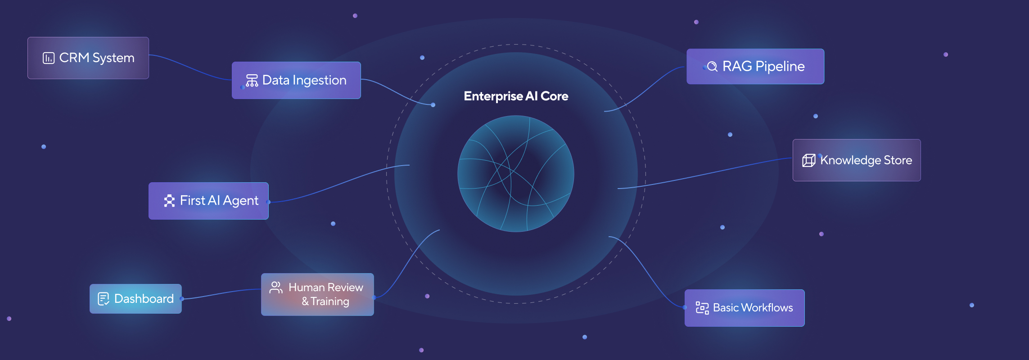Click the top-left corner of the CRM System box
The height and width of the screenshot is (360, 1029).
[28, 37]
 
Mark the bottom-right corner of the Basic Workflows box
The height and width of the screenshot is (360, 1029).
[804, 326]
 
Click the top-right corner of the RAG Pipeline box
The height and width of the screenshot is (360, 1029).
[824, 49]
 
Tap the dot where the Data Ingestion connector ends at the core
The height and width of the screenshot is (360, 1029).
[433, 105]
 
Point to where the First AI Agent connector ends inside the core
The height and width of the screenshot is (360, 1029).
[409, 165]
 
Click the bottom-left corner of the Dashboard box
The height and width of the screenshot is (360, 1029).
[90, 313]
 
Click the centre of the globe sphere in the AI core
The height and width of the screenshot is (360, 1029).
[516, 174]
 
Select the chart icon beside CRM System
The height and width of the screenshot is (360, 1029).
[49, 58]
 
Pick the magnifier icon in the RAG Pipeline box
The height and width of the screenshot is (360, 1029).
[712, 67]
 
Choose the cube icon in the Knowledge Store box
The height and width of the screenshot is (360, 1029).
[809, 161]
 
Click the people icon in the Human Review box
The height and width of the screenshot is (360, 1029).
[276, 288]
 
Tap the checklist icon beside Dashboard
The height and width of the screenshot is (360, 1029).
[104, 299]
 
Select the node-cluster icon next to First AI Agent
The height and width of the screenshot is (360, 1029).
[169, 201]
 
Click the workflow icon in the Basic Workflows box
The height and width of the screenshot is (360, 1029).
[702, 308]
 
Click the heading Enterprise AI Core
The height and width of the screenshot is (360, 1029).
[516, 96]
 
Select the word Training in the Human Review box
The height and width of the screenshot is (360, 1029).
[330, 301]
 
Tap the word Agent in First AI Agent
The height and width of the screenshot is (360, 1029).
[241, 201]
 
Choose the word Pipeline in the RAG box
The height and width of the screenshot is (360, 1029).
[780, 67]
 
